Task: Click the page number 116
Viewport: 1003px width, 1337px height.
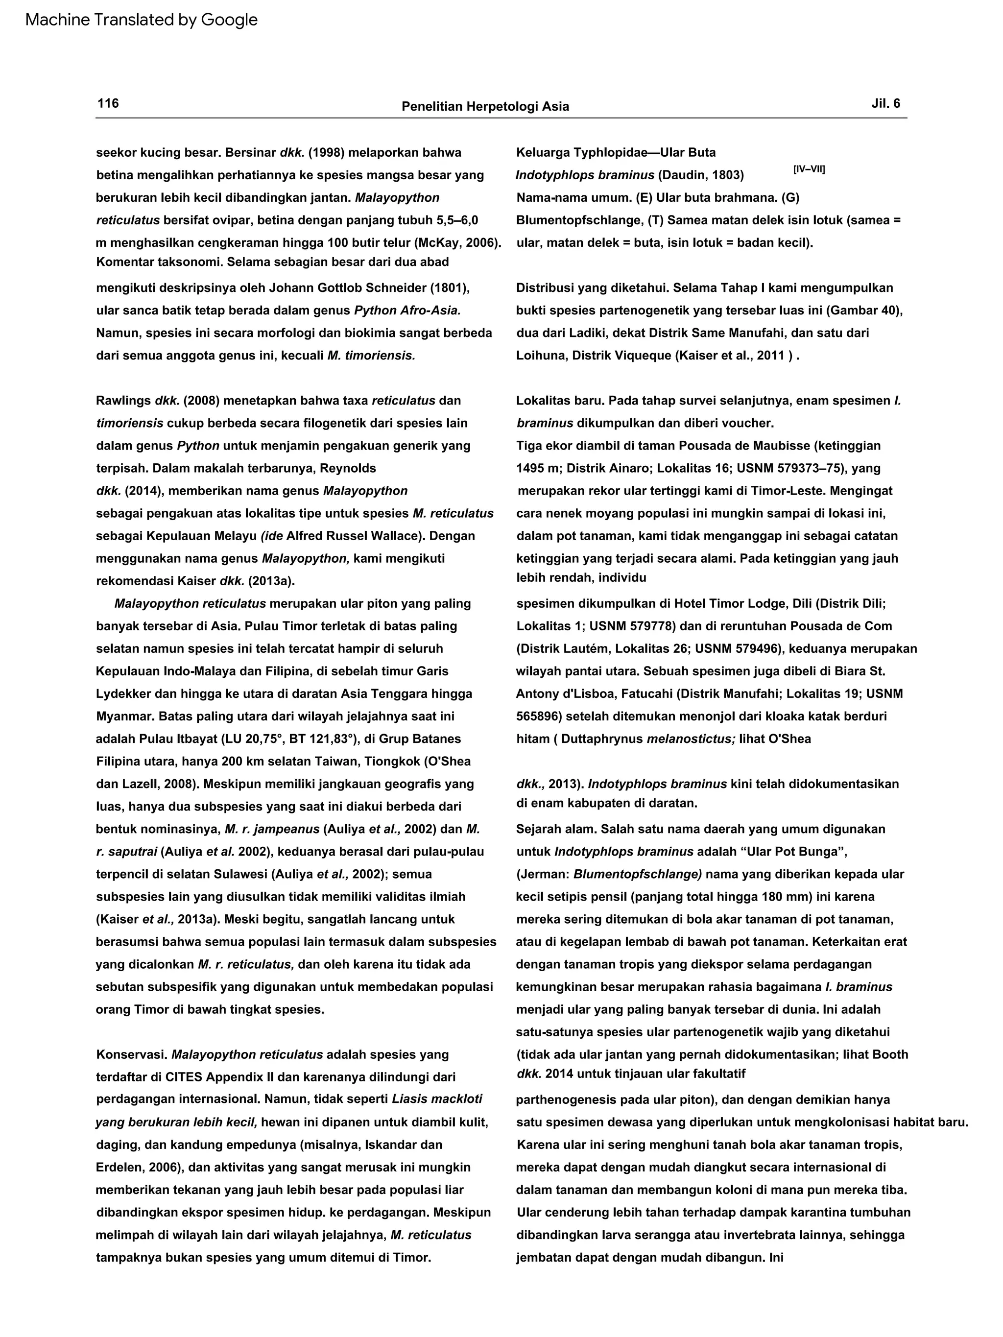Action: pos(108,103)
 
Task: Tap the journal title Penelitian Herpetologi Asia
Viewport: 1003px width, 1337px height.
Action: pos(485,107)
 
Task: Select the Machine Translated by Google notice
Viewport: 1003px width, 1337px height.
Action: pos(142,20)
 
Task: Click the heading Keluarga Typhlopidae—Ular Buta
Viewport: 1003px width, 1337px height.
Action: pos(616,152)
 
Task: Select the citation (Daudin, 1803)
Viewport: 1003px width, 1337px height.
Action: pos(701,175)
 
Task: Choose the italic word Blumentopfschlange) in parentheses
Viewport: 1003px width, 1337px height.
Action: pos(638,874)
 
